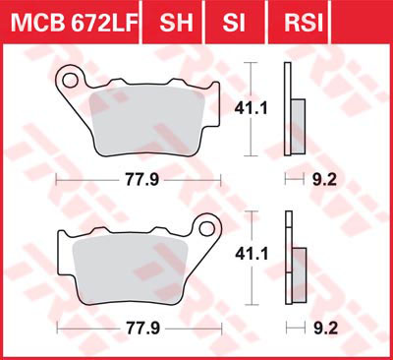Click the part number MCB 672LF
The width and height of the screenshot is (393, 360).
point(74,22)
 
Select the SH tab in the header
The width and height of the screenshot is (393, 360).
point(176,22)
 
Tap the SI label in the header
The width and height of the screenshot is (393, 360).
point(234,22)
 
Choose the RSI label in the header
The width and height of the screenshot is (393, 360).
point(304,22)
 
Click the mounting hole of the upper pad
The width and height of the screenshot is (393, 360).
point(71,81)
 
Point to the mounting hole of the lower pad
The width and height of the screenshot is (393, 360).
point(207,228)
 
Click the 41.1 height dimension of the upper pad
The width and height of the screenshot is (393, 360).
point(251,109)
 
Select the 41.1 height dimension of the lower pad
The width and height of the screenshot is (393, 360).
point(252,255)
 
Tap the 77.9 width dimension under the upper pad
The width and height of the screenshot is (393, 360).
point(141,180)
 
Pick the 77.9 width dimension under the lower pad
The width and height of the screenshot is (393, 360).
point(143,329)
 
